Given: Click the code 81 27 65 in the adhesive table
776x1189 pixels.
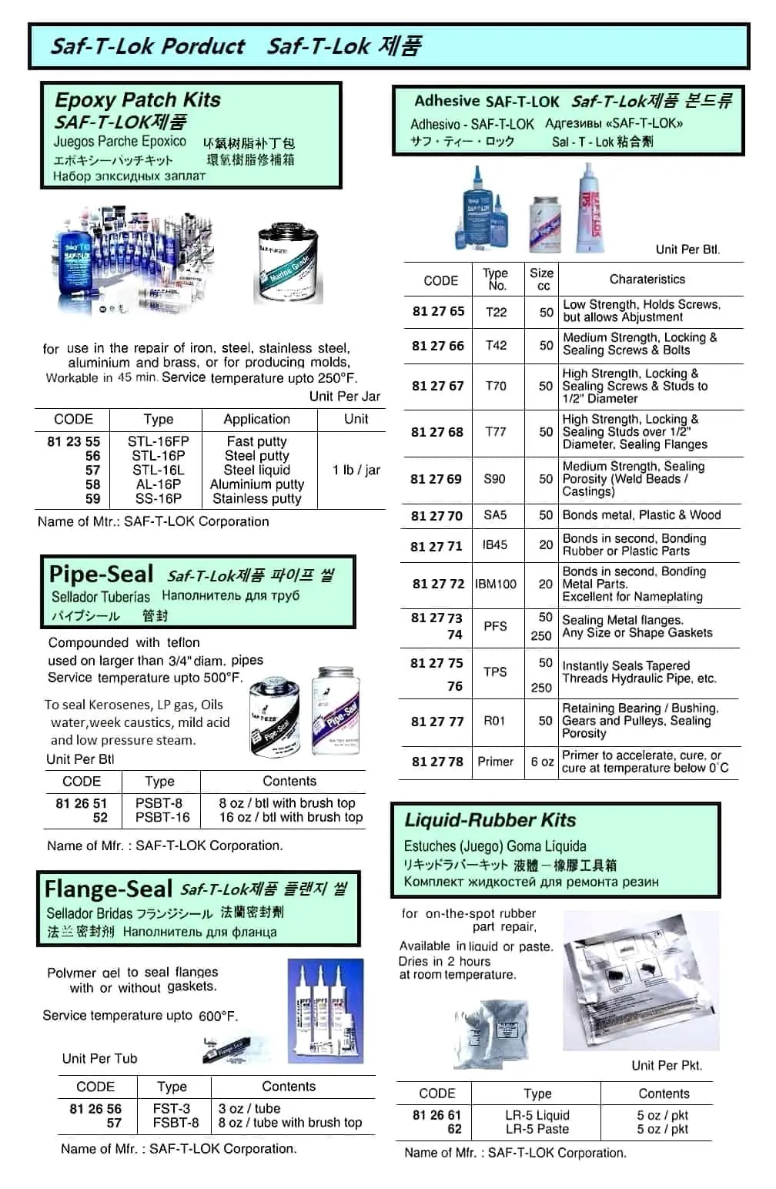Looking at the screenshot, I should [438, 311].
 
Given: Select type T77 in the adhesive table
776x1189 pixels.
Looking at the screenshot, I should [496, 431].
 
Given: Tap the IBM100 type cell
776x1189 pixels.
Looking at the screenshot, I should [496, 584].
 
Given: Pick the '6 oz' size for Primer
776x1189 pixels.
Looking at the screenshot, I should [542, 761].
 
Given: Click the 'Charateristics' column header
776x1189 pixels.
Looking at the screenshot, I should [647, 279].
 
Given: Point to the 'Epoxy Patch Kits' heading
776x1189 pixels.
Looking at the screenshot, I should [138, 100].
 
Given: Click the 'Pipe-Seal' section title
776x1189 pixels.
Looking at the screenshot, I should [101, 574].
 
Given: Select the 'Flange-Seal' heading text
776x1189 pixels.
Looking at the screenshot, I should [108, 889].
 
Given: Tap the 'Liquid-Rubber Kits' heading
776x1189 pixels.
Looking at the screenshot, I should [490, 820].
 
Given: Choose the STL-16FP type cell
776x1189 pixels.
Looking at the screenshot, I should [158, 441].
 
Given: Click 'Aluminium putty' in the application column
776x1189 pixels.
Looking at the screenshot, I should [257, 484].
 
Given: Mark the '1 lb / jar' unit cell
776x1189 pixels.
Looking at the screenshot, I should [356, 470].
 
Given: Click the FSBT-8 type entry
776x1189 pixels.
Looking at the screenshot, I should [176, 1122].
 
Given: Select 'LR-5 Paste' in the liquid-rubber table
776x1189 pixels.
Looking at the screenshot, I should [537, 1129].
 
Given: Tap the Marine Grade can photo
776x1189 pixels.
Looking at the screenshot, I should [288, 263].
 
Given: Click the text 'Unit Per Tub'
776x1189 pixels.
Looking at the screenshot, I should [99, 1058].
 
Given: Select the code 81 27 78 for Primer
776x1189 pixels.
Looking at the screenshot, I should [437, 761].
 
